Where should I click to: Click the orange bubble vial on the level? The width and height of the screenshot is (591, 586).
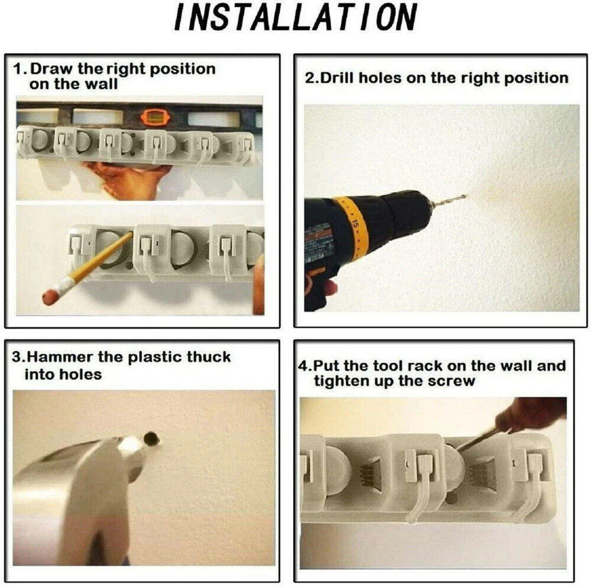(x=153, y=117)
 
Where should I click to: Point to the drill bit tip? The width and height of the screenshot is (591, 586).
(x=466, y=195)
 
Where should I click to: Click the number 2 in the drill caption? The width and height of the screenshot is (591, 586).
(x=309, y=78)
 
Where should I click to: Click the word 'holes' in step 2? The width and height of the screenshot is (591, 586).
(x=380, y=78)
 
